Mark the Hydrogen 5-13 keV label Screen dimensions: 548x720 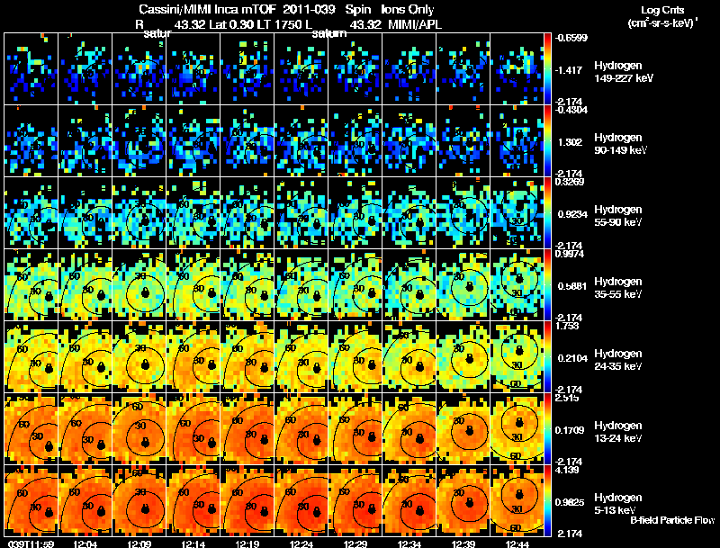click(618, 503)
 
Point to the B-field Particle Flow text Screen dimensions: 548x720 click(672, 521)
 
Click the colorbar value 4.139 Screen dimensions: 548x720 click(566, 470)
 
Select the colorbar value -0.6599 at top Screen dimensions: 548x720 click(571, 37)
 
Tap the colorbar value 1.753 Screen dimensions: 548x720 click(566, 326)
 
